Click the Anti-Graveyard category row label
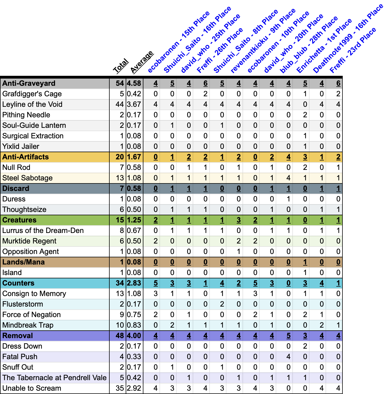tap(29, 83)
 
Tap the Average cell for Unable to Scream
tap(134, 388)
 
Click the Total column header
tap(121, 66)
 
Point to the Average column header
tap(141, 63)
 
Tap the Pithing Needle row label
tap(26, 115)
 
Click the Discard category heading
tap(16, 188)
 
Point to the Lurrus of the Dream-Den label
tap(43, 230)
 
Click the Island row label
tap(12, 273)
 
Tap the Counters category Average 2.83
tap(134, 283)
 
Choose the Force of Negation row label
tap(32, 315)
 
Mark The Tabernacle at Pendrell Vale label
tap(54, 378)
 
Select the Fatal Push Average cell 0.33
tap(134, 357)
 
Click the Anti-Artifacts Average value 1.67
tap(134, 157)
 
